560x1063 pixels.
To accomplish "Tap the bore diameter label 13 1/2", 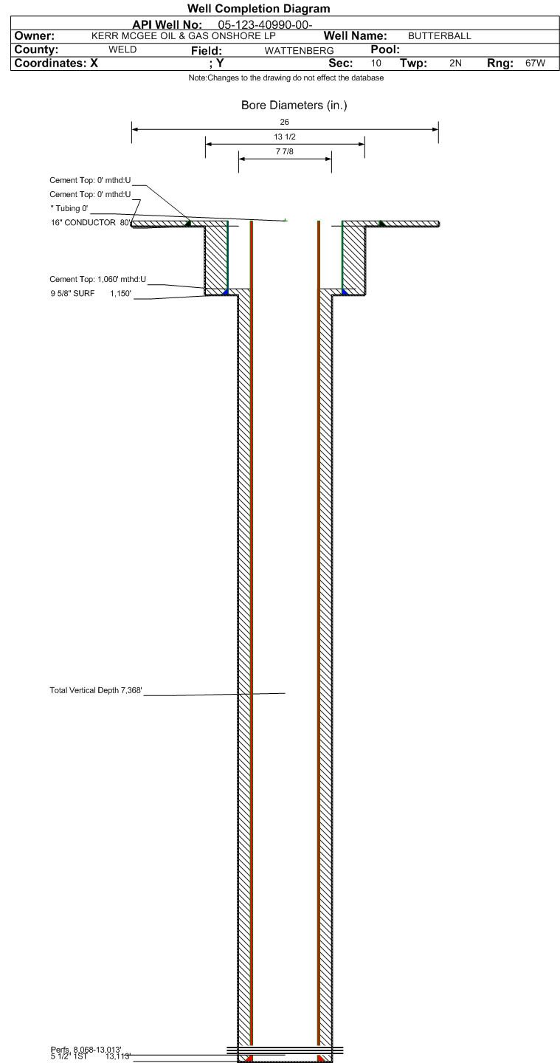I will coord(284,137).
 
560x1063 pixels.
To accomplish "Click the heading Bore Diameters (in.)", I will coord(294,106).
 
